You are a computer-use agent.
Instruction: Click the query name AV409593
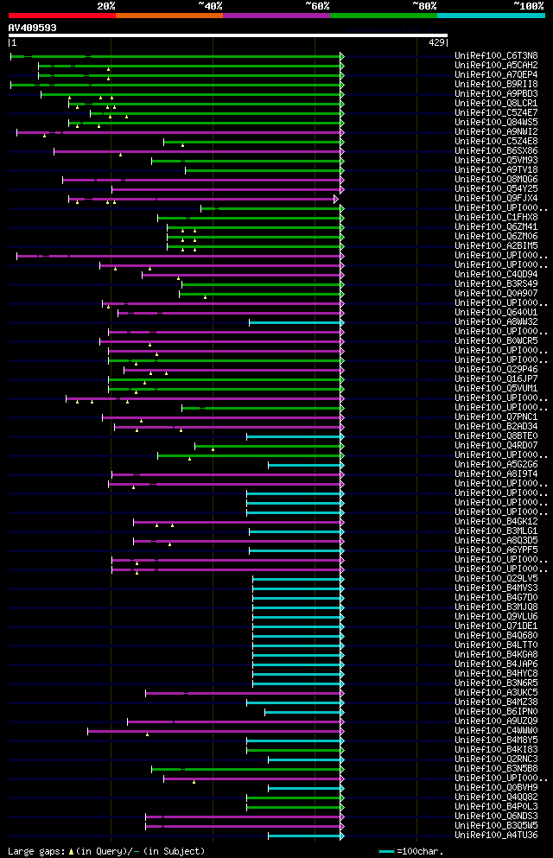click(x=33, y=28)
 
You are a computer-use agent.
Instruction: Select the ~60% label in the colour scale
click(x=317, y=5)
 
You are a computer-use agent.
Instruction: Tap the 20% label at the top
click(x=106, y=5)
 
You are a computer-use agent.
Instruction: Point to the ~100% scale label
click(x=529, y=5)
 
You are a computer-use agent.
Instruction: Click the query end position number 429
click(x=435, y=42)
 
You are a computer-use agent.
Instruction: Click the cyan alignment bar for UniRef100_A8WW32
click(x=295, y=322)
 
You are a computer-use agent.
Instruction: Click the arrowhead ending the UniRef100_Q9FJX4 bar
click(x=335, y=199)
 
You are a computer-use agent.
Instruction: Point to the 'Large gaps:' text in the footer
click(x=35, y=852)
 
